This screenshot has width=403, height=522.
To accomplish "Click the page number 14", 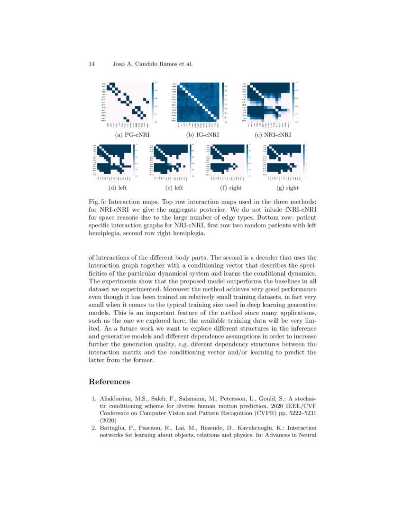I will click(x=92, y=64).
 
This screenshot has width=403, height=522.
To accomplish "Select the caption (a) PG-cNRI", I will click(x=132, y=135).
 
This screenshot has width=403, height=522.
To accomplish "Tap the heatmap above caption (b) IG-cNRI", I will click(x=199, y=102).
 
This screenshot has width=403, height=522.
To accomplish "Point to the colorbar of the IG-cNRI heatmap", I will click(x=223, y=102).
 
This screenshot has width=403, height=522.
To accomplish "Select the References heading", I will click(x=110, y=382).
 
